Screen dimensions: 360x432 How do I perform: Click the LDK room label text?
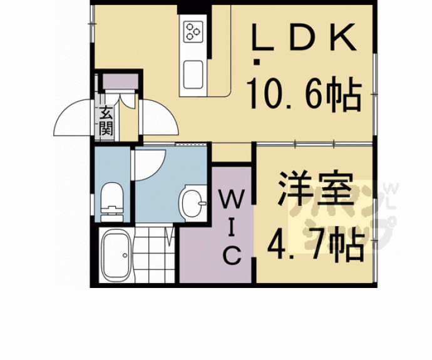tap(304, 39)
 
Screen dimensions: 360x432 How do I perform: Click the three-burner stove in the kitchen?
tap(192, 30)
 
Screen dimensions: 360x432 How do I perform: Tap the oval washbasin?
tap(192, 202)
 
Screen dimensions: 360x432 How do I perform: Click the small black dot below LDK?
tap(256, 61)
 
